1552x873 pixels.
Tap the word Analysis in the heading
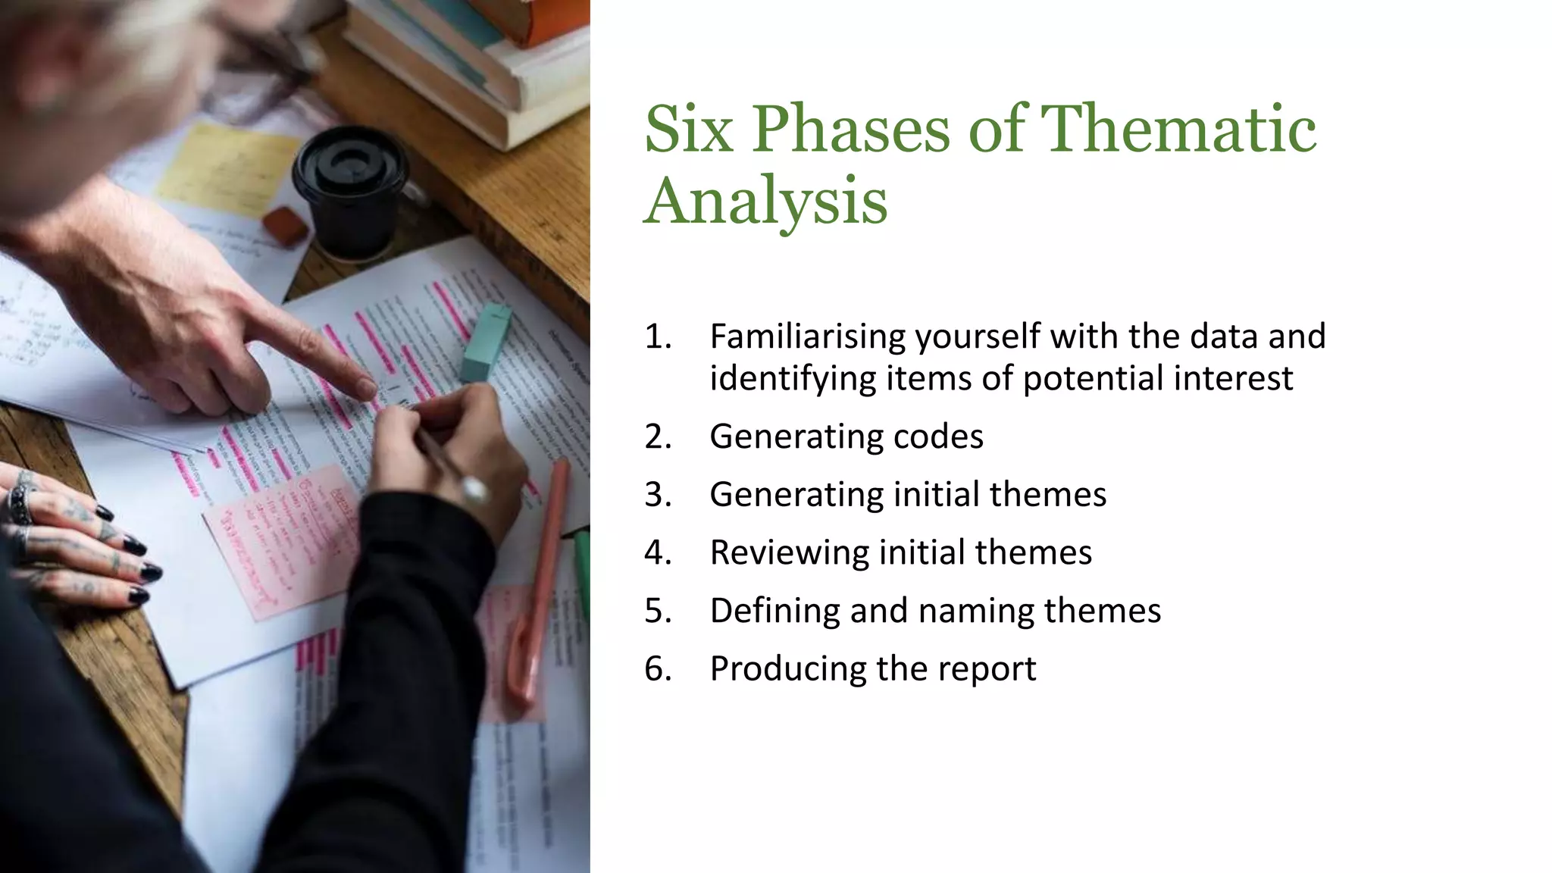765,201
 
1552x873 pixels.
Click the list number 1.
658,336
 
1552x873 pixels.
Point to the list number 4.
658,552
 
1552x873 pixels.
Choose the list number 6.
658,668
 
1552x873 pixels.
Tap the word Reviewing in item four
789,552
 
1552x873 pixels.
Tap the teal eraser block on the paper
486,343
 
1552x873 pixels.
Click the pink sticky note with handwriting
280,542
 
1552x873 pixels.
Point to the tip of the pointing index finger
367,389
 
